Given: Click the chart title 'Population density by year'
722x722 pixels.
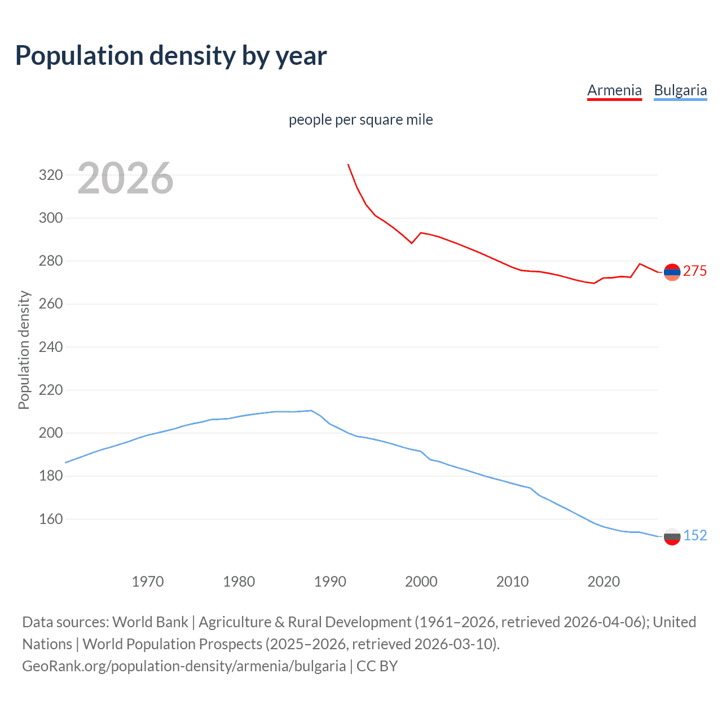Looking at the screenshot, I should [171, 56].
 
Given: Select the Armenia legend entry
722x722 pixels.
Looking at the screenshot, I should [614, 90].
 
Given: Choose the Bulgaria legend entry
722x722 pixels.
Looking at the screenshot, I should [680, 90].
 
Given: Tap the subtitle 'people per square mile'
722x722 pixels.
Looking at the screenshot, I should [360, 120].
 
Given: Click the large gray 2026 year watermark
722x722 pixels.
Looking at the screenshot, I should [125, 178].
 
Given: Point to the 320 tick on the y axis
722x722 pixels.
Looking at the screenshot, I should [51, 175].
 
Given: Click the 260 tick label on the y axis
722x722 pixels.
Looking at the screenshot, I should [51, 304].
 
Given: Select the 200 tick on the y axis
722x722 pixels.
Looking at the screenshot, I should [51, 433].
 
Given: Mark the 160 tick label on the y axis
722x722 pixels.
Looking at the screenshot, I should [51, 519].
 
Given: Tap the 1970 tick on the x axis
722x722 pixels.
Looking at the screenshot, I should [148, 582].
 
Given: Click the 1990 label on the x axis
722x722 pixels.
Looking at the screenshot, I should [330, 582].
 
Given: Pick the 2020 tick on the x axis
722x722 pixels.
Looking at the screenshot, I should [604, 582].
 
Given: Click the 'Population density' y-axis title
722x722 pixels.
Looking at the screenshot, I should [24, 350].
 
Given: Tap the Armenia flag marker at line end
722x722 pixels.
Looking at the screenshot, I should [672, 272].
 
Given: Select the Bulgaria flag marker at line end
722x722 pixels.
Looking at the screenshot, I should [672, 536].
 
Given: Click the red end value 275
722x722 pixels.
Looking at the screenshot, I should [695, 271].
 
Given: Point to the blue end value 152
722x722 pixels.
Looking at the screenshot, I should [695, 536].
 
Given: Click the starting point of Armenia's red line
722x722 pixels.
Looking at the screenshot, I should [348, 165].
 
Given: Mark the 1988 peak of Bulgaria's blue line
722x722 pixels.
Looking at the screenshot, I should [311, 411].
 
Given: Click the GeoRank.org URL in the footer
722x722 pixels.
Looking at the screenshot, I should [184, 666].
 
